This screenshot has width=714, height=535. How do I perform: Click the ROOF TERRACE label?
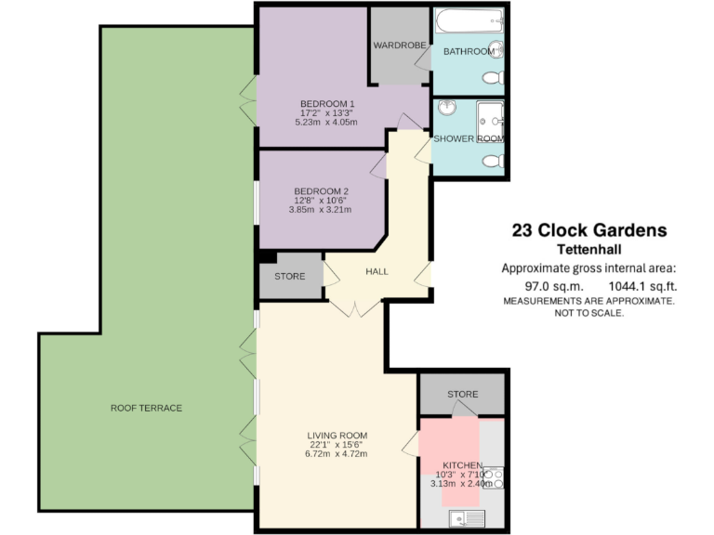click(146, 408)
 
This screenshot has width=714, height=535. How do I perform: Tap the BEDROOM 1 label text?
click(327, 103)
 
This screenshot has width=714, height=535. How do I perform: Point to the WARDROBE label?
click(399, 45)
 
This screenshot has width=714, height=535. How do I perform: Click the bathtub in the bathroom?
click(469, 20)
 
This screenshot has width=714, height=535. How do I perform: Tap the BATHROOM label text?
click(468, 52)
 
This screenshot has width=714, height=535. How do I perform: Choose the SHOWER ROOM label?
click(469, 139)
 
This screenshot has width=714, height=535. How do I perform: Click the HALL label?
click(377, 271)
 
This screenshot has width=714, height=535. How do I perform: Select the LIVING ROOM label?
click(337, 435)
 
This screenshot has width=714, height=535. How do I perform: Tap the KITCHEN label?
click(462, 464)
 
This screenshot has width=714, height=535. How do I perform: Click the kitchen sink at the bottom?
click(464, 518)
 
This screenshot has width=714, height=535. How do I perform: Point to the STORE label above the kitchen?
click(462, 395)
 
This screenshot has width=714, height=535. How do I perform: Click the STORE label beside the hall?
click(289, 276)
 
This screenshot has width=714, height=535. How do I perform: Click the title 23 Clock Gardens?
click(589, 230)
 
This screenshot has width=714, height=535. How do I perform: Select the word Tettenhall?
click(589, 250)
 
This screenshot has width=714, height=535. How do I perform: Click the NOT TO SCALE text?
click(589, 314)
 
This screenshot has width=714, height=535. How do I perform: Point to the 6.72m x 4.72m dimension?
click(337, 453)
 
